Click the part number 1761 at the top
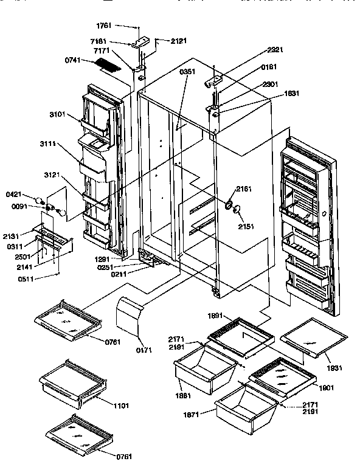[x=105, y=26]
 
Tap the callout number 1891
[x=216, y=316]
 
